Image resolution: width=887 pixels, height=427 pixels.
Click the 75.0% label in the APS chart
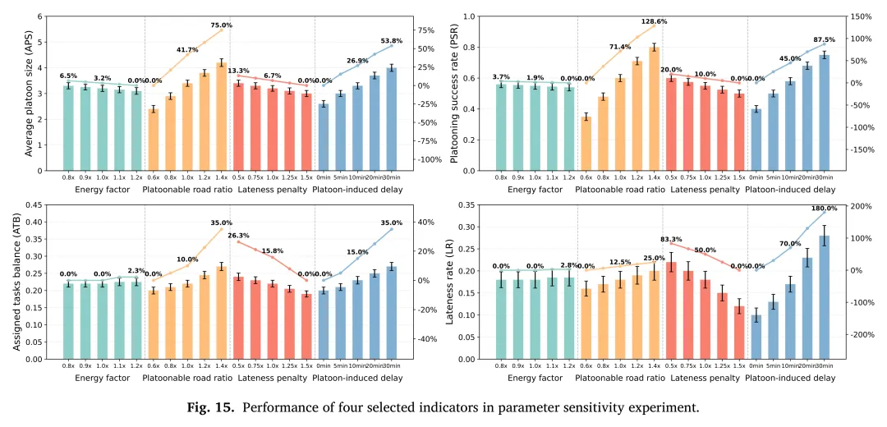[x=222, y=25]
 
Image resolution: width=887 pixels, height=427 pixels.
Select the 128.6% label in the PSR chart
[x=655, y=21]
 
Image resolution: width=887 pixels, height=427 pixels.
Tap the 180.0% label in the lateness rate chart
[x=825, y=209]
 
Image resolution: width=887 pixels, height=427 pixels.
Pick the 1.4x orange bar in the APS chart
[x=221, y=116]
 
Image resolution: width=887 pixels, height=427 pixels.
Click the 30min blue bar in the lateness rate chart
[x=824, y=297]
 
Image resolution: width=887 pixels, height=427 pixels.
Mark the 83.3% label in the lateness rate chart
[x=673, y=239]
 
